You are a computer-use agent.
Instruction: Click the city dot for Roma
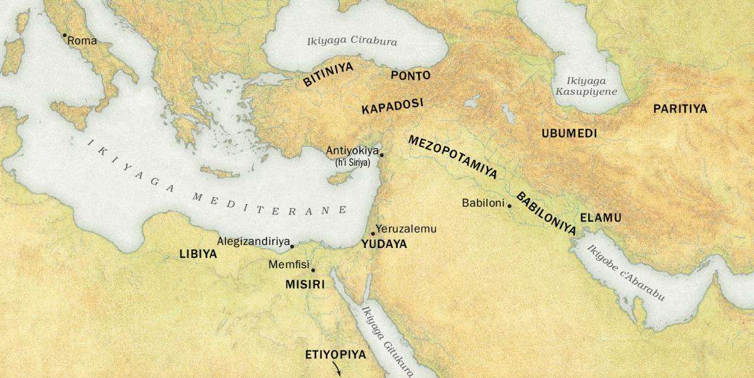tap(64, 36)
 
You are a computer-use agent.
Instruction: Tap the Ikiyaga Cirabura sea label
tap(352, 42)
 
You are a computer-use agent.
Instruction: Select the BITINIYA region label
tap(328, 74)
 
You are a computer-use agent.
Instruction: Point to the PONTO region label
tap(410, 75)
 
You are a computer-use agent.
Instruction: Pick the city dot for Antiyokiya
tap(381, 154)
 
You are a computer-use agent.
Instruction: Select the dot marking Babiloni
tap(510, 206)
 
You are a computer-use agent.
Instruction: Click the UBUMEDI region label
tap(569, 133)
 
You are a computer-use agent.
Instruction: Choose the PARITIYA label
tap(680, 109)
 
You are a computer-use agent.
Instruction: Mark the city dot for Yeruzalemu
tap(373, 234)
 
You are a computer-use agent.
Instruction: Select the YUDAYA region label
tap(385, 244)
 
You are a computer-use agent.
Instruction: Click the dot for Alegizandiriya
tap(292, 247)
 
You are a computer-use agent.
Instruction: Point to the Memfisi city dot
tap(313, 270)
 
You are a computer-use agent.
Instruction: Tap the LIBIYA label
tap(198, 254)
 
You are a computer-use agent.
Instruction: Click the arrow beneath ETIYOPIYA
tap(339, 371)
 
